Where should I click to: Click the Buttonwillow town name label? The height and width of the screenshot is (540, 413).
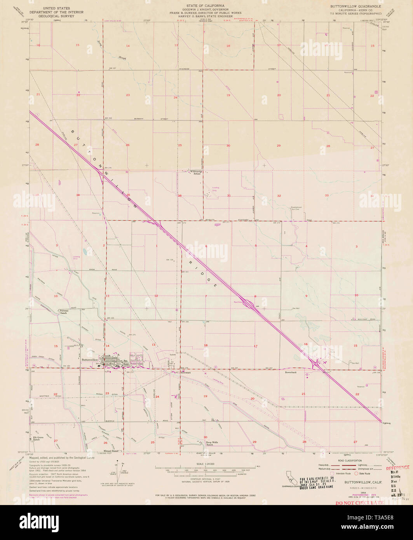pyautogui.click(x=90, y=359)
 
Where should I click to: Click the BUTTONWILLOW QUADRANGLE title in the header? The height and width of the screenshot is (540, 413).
pyautogui.click(x=355, y=7)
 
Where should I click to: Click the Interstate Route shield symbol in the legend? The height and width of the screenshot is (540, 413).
pyautogui.click(x=333, y=474)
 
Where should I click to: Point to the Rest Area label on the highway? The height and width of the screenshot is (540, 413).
pyautogui.click(x=238, y=301)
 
